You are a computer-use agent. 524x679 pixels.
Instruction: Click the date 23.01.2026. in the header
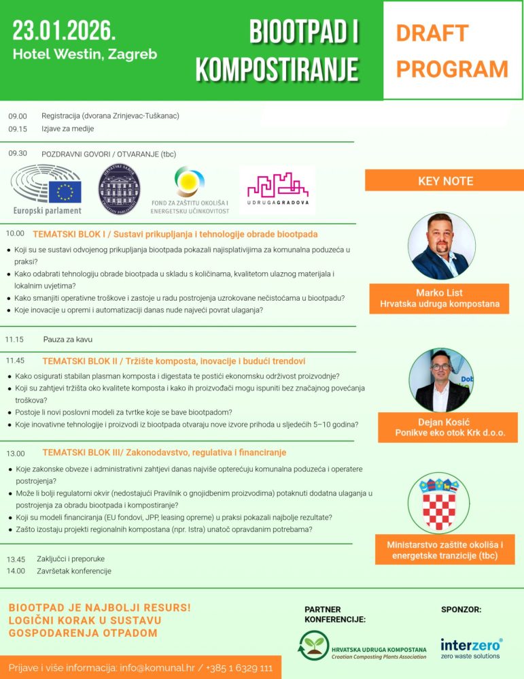point(64,30)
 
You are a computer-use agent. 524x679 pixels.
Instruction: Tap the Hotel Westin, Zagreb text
point(85,54)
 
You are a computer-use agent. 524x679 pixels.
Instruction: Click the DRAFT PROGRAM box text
point(452,50)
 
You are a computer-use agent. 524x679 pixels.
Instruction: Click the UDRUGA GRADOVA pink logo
point(277,189)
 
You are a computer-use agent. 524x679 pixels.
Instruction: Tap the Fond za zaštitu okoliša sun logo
point(189,182)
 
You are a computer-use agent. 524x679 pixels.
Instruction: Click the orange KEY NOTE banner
point(444,181)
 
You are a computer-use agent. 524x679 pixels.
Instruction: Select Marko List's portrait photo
point(442,246)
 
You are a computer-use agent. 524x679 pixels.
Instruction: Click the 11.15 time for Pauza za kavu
point(15,339)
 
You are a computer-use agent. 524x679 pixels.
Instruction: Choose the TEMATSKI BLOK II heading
point(173,361)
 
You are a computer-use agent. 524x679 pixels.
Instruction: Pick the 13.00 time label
point(16,452)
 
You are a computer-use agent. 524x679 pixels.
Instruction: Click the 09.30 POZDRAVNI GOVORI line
point(92,154)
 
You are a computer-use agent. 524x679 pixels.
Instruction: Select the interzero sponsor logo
point(471,648)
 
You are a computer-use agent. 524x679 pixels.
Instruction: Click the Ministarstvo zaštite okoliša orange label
point(444,550)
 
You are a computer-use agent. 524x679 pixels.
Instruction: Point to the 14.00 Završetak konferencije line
point(60,571)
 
